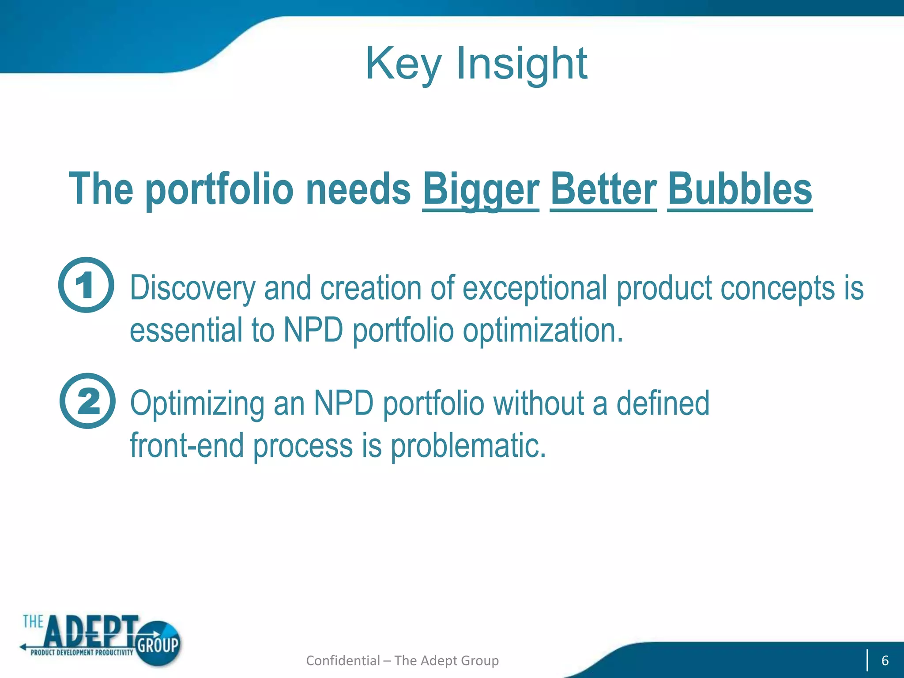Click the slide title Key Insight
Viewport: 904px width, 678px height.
coord(476,64)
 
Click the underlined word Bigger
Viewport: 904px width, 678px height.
coord(481,189)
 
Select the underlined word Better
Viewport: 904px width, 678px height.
coord(603,189)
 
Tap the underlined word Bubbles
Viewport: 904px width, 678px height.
coord(740,189)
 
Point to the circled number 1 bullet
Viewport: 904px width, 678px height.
coord(86,285)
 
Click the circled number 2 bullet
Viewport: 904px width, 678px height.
coord(87,401)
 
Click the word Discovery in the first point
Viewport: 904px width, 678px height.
coord(192,289)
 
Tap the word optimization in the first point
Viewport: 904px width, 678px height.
coord(542,331)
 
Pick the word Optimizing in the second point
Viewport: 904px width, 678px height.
coord(197,404)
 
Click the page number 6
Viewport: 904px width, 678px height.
coord(885,660)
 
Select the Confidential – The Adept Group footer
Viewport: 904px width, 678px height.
coord(402,660)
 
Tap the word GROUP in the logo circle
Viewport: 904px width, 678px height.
coord(158,645)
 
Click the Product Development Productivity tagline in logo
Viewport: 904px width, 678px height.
coord(82,652)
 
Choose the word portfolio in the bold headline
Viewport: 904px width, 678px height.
coord(219,189)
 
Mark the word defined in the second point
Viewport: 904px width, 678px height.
coord(663,404)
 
